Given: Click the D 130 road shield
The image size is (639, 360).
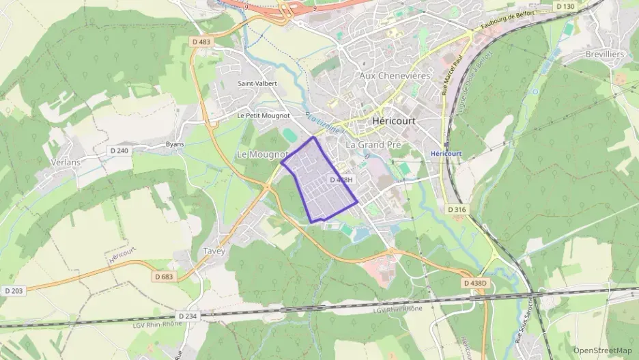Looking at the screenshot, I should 565,6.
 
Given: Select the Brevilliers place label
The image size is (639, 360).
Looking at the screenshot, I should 605,54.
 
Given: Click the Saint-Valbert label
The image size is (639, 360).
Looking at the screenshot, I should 257,83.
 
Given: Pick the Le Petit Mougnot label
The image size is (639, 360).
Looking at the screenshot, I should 264,116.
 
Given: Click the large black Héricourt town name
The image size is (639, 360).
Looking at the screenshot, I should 394,121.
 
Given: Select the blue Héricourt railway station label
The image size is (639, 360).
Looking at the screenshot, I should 446,154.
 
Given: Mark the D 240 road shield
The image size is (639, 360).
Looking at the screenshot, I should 119,150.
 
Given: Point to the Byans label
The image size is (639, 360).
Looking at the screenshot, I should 175,144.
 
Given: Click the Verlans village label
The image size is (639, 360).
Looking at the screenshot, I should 66,163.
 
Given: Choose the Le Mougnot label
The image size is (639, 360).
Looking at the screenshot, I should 262,155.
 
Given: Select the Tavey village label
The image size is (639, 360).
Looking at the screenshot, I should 214,251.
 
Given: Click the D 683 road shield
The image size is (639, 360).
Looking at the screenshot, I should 164,277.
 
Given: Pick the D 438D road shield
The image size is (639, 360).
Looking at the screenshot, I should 475,283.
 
